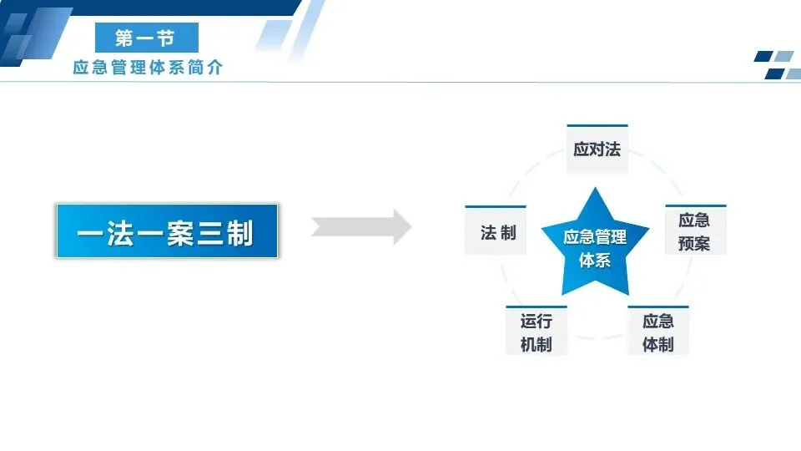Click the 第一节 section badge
(x=146, y=38)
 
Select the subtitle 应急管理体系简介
(x=148, y=68)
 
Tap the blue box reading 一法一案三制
(x=166, y=231)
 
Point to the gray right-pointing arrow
(x=361, y=227)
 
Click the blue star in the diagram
(x=594, y=244)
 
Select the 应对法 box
(x=597, y=149)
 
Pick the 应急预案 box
(x=694, y=231)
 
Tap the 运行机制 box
(x=536, y=332)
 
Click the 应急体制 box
(x=657, y=332)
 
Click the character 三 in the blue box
(x=209, y=232)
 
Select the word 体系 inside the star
(x=594, y=260)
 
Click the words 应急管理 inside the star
(x=594, y=237)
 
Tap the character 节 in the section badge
(x=173, y=38)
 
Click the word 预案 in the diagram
(x=694, y=243)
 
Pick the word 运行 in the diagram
(x=536, y=321)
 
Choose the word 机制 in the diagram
(x=536, y=343)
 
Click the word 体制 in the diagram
(x=657, y=343)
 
